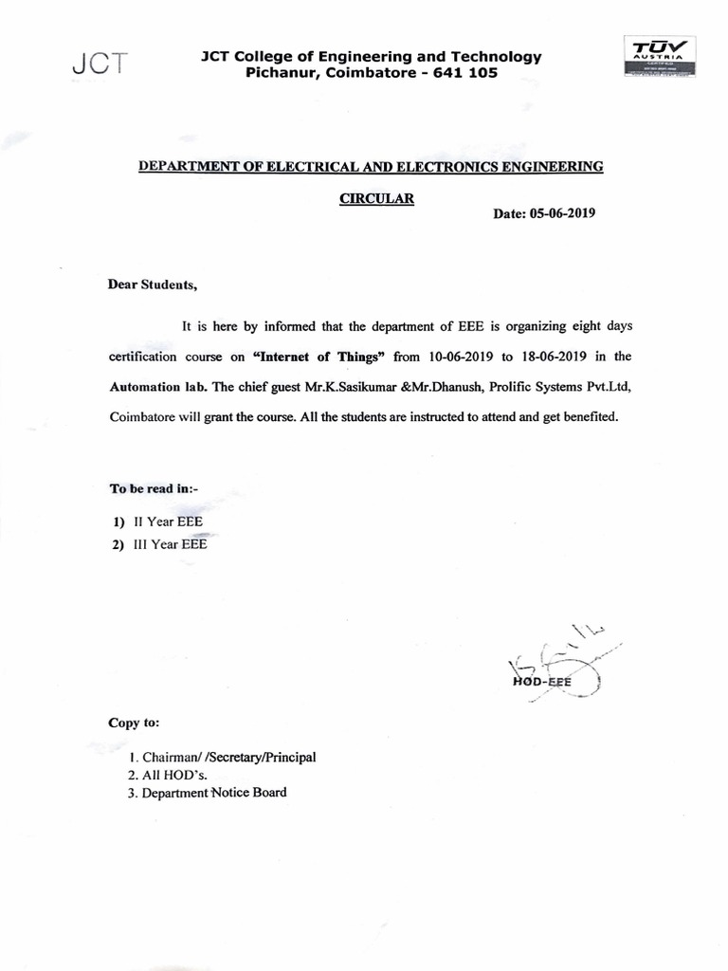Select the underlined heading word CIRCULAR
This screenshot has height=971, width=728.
click(x=376, y=198)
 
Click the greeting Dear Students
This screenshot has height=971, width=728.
click(x=154, y=284)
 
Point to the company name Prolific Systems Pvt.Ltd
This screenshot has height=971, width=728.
click(x=555, y=387)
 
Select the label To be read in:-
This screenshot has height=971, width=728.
click(x=153, y=487)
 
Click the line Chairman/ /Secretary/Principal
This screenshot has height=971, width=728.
click(x=228, y=757)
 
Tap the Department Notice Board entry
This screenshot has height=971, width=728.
click(x=213, y=793)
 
